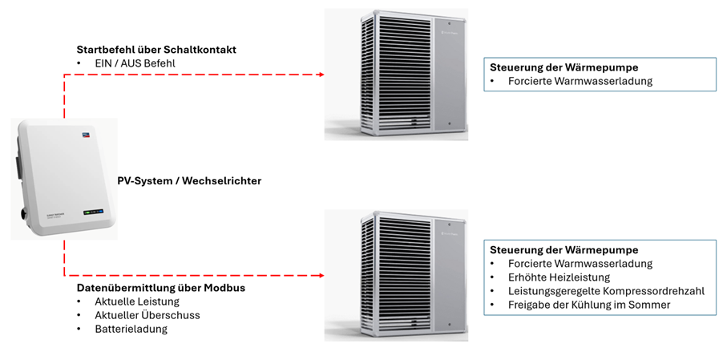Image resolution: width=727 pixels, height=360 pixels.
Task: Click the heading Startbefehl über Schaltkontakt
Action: coord(156,50)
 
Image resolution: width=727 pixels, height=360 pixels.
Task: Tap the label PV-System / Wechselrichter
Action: coord(189,181)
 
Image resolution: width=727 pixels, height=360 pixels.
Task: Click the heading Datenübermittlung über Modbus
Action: coord(160,287)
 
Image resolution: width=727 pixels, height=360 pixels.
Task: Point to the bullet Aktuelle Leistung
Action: coord(137,301)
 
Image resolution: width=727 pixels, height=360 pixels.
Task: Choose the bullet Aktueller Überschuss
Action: coord(147,315)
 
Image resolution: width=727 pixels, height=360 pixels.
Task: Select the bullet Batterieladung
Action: coord(131,329)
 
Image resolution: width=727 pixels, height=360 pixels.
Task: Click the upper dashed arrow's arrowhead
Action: coord(320,75)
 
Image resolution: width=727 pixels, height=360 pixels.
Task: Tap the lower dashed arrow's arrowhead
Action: coord(320,275)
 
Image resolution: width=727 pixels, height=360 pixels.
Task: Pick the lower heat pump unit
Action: coord(396,274)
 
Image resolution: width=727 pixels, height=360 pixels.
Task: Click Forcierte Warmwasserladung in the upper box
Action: coord(580,81)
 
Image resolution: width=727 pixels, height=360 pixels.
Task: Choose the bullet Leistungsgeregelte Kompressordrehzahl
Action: coord(606,290)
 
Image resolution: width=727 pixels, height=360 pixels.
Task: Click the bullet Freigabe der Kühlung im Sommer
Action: coord(589,305)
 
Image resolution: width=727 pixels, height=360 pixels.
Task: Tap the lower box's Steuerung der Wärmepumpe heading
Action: coord(564,249)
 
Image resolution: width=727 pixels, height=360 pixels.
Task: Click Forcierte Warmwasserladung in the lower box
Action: coord(580,263)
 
